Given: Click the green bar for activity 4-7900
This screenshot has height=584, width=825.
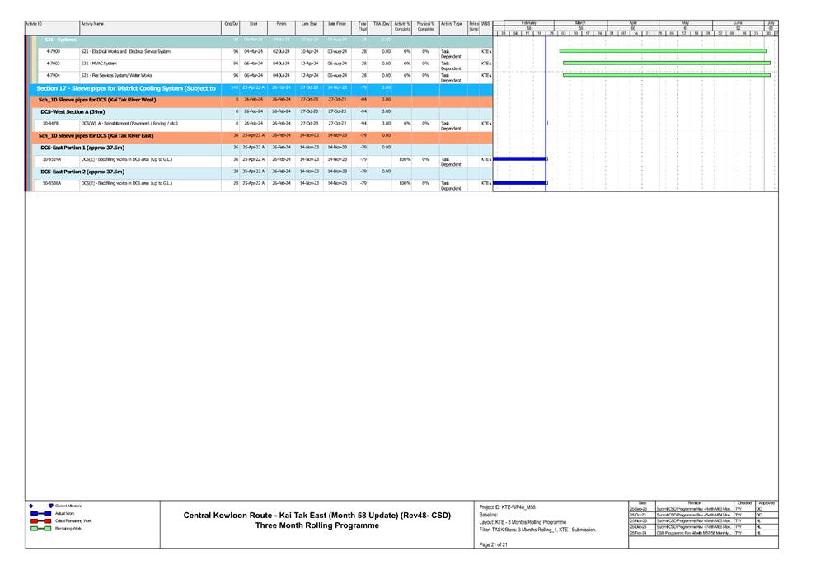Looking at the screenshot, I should pyautogui.click(x=663, y=51).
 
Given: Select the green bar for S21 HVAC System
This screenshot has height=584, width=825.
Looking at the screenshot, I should pyautogui.click(x=666, y=63).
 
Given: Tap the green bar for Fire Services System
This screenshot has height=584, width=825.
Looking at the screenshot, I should pyautogui.click(x=666, y=75).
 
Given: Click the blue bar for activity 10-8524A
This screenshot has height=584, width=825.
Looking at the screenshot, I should pyautogui.click(x=519, y=158).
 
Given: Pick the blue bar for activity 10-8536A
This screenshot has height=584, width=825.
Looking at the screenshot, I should pyautogui.click(x=519, y=183).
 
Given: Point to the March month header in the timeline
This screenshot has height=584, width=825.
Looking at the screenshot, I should pyautogui.click(x=580, y=23).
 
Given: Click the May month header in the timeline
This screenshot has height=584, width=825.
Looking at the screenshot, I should pyautogui.click(x=685, y=23).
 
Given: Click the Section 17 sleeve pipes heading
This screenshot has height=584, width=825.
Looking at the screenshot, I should pyautogui.click(x=126, y=87).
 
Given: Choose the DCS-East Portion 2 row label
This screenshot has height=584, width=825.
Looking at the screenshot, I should pyautogui.click(x=82, y=172).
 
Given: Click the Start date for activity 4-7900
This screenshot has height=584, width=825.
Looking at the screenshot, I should pyautogui.click(x=253, y=51).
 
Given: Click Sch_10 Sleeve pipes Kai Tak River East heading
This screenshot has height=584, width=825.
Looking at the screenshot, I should pyautogui.click(x=96, y=135).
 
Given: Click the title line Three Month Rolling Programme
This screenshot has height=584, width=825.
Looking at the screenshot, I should pyautogui.click(x=317, y=525).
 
